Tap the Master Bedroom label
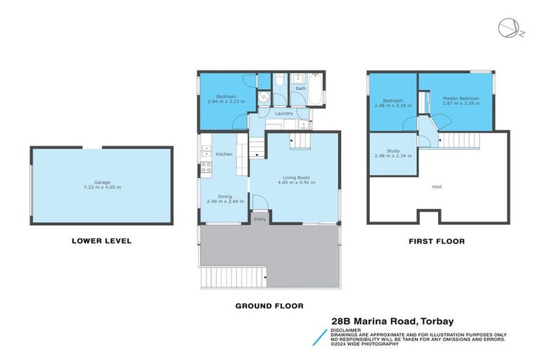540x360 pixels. tap(461, 98)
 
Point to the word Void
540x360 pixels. tap(437, 187)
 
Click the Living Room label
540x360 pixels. tap(294, 178)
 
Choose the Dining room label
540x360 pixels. tap(224, 196)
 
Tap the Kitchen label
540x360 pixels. tap(224, 155)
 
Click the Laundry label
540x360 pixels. tap(284, 114)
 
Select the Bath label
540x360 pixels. tap(301, 89)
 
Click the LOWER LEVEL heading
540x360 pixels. tap(101, 241)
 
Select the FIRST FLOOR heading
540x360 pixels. tap(437, 241)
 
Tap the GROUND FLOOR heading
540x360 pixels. tap(269, 306)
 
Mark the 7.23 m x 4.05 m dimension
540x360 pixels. tap(102, 187)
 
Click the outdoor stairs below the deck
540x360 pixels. tap(233, 278)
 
